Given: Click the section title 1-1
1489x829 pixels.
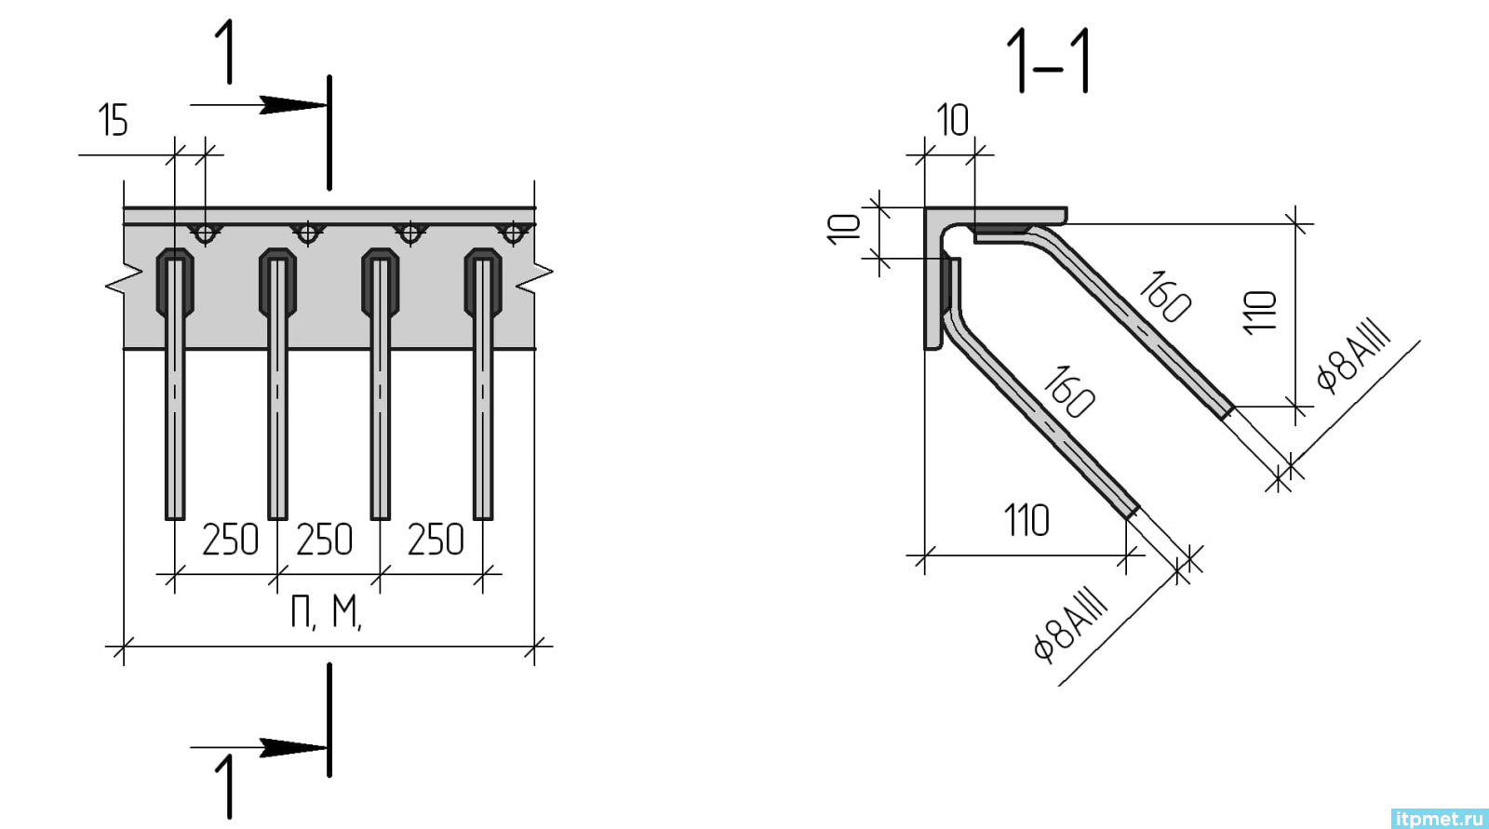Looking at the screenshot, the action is pyautogui.click(x=1048, y=61).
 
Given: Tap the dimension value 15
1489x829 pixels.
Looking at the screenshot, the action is pyautogui.click(x=113, y=120).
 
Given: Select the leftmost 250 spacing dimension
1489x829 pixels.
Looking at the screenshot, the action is pyautogui.click(x=230, y=539).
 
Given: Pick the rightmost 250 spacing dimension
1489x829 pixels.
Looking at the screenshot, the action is pyautogui.click(x=436, y=539).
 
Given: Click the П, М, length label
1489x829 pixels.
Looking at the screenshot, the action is pyautogui.click(x=326, y=611).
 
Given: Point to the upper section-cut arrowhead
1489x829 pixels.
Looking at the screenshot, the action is pyautogui.click(x=292, y=105).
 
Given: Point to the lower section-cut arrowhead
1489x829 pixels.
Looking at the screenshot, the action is pyautogui.click(x=292, y=747).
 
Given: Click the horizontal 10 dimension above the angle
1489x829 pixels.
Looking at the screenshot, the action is pyautogui.click(x=953, y=120).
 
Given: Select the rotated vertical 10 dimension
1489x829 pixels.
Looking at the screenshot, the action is pyautogui.click(x=844, y=230).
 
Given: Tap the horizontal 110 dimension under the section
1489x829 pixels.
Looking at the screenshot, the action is pyautogui.click(x=1026, y=520).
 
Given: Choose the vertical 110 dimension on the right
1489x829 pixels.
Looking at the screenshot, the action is pyautogui.click(x=1260, y=313).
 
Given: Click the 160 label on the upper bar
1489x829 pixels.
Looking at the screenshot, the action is pyautogui.click(x=1164, y=297).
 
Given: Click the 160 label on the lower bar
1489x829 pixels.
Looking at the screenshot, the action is pyautogui.click(x=1069, y=392).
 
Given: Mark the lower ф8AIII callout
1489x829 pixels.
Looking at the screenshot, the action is pyautogui.click(x=1071, y=626).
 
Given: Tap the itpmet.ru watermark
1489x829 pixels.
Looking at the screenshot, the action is pyautogui.click(x=1439, y=819).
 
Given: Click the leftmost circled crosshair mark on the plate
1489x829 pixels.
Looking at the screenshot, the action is pyautogui.click(x=206, y=234).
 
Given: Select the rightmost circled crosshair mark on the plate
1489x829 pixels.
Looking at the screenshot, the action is pyautogui.click(x=513, y=234).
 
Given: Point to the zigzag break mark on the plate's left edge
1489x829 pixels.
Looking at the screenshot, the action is pyautogui.click(x=125, y=279).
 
